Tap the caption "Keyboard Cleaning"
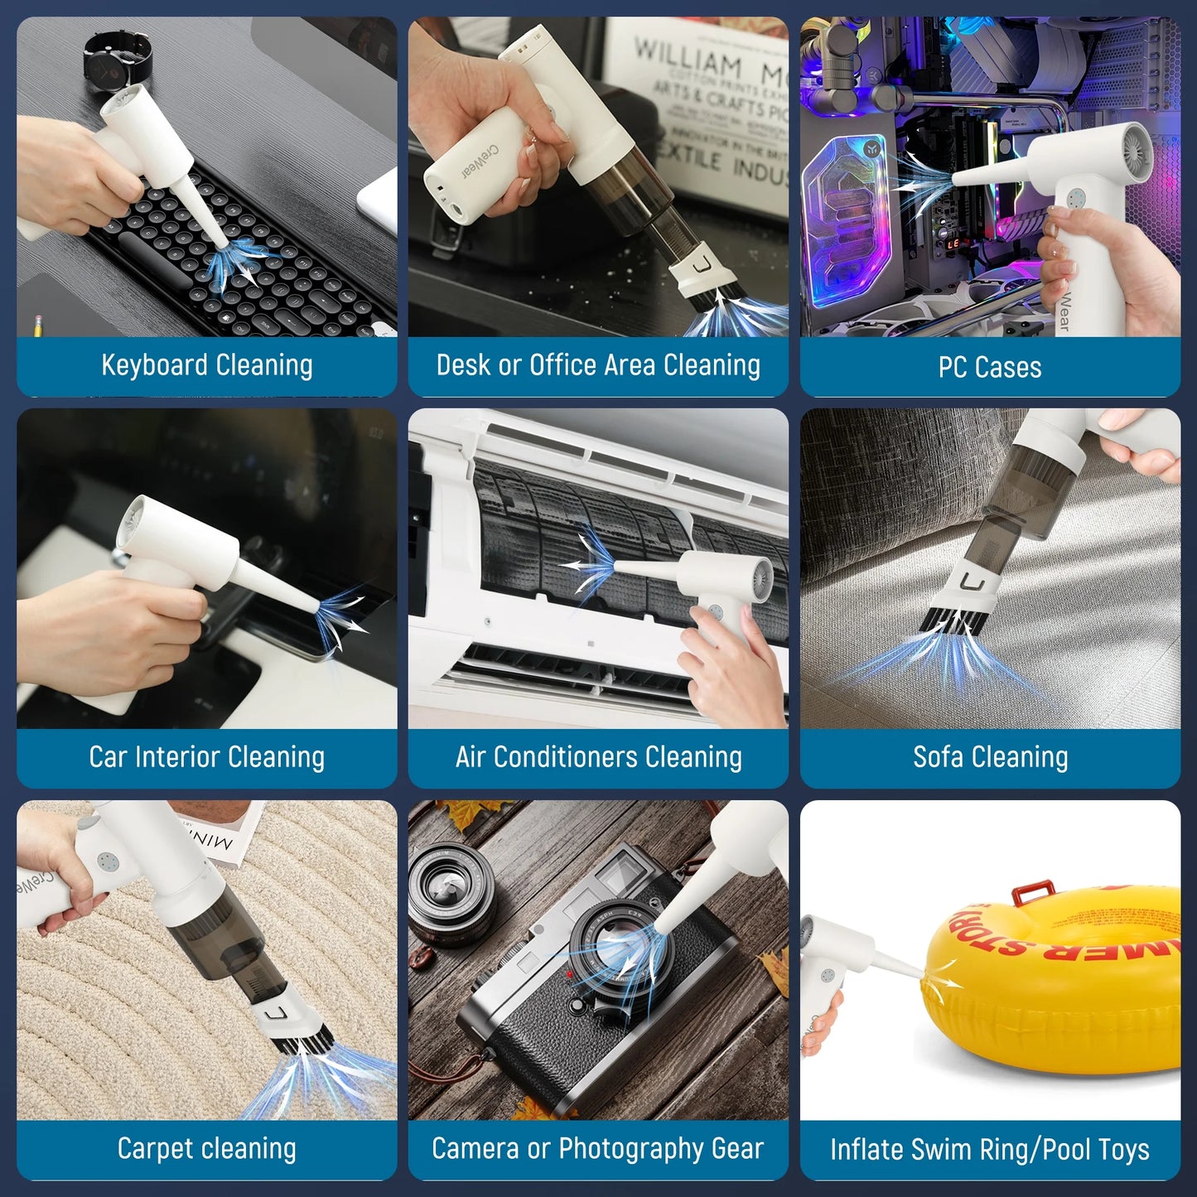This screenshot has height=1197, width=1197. [206, 365]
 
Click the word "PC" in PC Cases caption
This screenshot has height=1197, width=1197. [953, 367]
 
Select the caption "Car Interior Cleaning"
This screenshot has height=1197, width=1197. [206, 757]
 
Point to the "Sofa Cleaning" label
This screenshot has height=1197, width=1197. [990, 757]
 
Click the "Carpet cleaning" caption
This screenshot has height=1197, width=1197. [206, 1149]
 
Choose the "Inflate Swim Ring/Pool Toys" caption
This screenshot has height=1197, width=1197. [990, 1150]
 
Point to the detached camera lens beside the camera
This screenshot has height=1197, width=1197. [451, 895]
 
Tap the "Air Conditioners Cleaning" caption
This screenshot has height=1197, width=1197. [598, 757]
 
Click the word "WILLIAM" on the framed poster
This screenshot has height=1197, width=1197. [688, 58]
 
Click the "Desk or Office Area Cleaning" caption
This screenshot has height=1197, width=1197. [598, 365]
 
